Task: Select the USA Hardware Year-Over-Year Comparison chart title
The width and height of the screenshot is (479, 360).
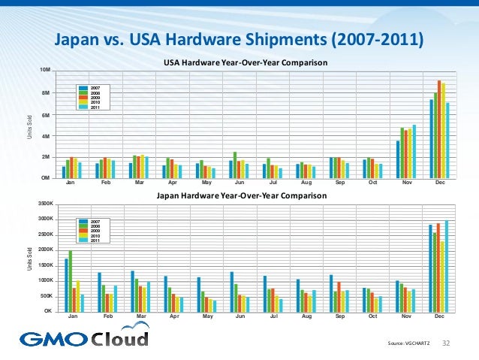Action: point(246,62)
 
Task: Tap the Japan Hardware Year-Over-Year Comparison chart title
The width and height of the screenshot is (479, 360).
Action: point(241,195)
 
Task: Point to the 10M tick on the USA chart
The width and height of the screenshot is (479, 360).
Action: point(45,71)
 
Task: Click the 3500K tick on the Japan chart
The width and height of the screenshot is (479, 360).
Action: point(45,204)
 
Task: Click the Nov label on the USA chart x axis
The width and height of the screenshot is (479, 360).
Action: point(406,183)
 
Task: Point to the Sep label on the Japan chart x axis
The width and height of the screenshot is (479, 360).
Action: point(340,317)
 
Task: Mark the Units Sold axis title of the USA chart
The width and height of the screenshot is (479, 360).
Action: point(30,124)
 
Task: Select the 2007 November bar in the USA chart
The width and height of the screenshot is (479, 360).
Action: point(398,159)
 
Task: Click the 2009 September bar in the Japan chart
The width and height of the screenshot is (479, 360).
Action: point(339,296)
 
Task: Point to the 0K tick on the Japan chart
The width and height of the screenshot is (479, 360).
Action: point(47,310)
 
